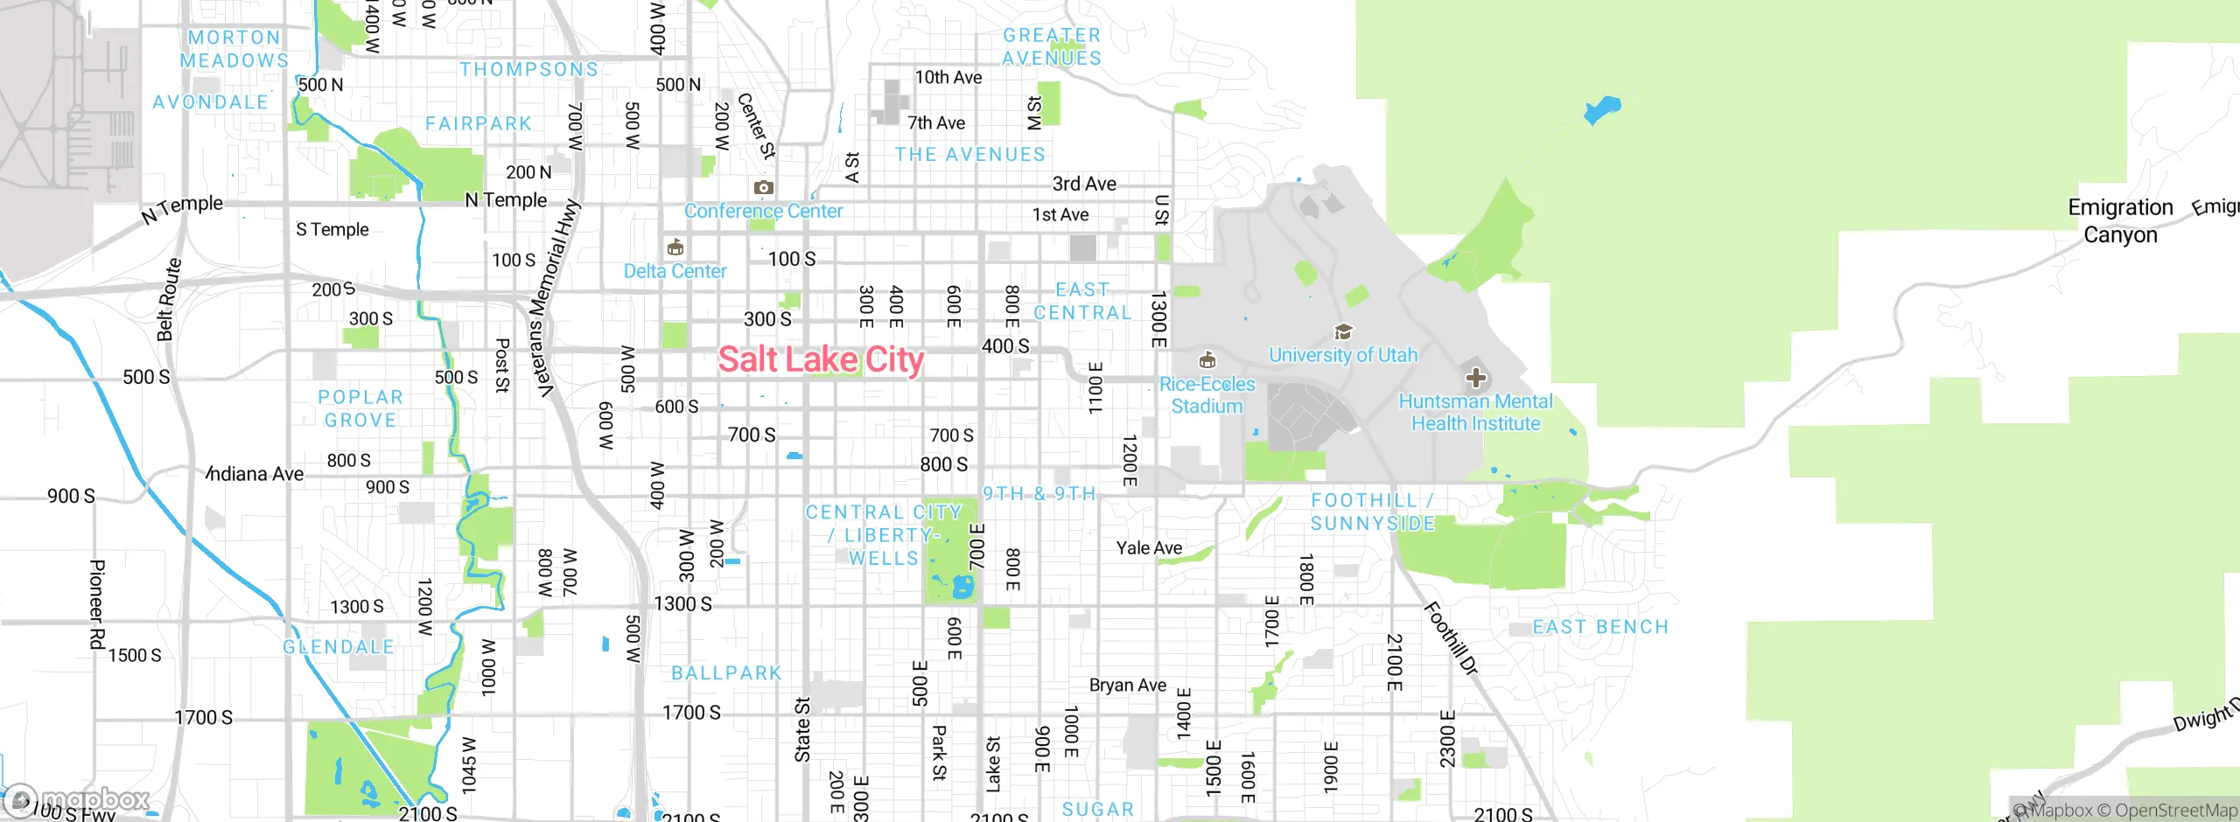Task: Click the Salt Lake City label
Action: pyautogui.click(x=821, y=359)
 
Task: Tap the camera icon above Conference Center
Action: pyautogui.click(x=764, y=187)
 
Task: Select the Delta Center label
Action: pyautogui.click(x=675, y=271)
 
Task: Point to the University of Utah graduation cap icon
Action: pyautogui.click(x=1343, y=332)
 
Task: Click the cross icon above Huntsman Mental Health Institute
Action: pyautogui.click(x=1476, y=378)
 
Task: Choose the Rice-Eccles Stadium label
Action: pyautogui.click(x=1207, y=395)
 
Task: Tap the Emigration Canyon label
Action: pyautogui.click(x=2120, y=220)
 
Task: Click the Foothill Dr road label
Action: pyautogui.click(x=1451, y=638)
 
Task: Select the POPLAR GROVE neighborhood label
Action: pyautogui.click(x=360, y=408)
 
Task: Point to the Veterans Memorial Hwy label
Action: pyautogui.click(x=555, y=297)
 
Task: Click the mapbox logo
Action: pyautogui.click(x=77, y=799)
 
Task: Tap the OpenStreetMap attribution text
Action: pyautogui.click(x=2175, y=811)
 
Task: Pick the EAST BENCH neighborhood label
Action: pyautogui.click(x=1600, y=627)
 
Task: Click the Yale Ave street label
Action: pyautogui.click(x=1149, y=548)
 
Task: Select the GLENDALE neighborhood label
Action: pyautogui.click(x=339, y=647)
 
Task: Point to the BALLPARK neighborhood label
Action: pyautogui.click(x=726, y=673)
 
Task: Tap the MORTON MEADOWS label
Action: pyautogui.click(x=234, y=49)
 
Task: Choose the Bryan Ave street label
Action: pyautogui.click(x=1127, y=686)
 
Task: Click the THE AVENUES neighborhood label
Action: pyautogui.click(x=969, y=155)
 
